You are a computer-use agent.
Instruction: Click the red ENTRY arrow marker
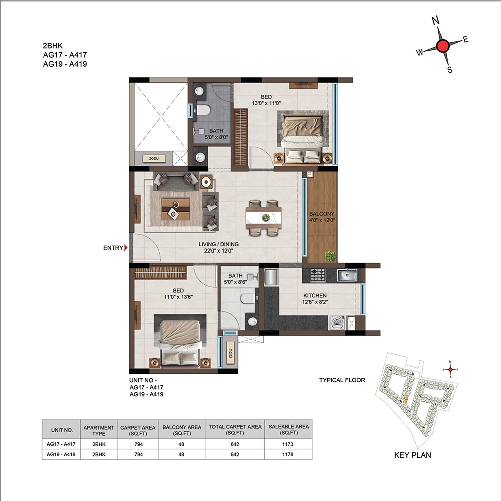[x=126, y=248]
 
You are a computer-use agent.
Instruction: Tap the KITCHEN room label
[x=315, y=296]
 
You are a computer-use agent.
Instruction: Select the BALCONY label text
[x=322, y=214]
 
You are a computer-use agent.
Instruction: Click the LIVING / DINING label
[x=219, y=244]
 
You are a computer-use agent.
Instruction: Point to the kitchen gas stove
[x=318, y=275]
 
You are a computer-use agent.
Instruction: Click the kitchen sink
[x=347, y=275]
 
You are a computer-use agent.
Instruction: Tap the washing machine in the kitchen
[x=337, y=322]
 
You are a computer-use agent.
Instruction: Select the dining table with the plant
[x=264, y=218]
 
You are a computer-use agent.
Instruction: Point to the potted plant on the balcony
[x=330, y=256]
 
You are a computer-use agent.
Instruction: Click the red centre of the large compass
[x=443, y=46]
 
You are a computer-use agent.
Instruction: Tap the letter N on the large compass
[x=435, y=21]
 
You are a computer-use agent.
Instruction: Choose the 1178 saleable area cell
[x=288, y=454]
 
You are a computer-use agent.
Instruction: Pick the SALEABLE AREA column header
[x=289, y=430]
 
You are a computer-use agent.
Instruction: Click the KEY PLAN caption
[x=412, y=455]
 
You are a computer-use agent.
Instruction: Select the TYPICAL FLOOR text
[x=342, y=380]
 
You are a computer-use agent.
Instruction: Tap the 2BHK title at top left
[x=53, y=46]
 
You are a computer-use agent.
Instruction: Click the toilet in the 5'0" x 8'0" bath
[x=203, y=110]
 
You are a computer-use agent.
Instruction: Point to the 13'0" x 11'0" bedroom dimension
[x=266, y=103]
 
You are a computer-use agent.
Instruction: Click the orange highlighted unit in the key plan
[x=406, y=399]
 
